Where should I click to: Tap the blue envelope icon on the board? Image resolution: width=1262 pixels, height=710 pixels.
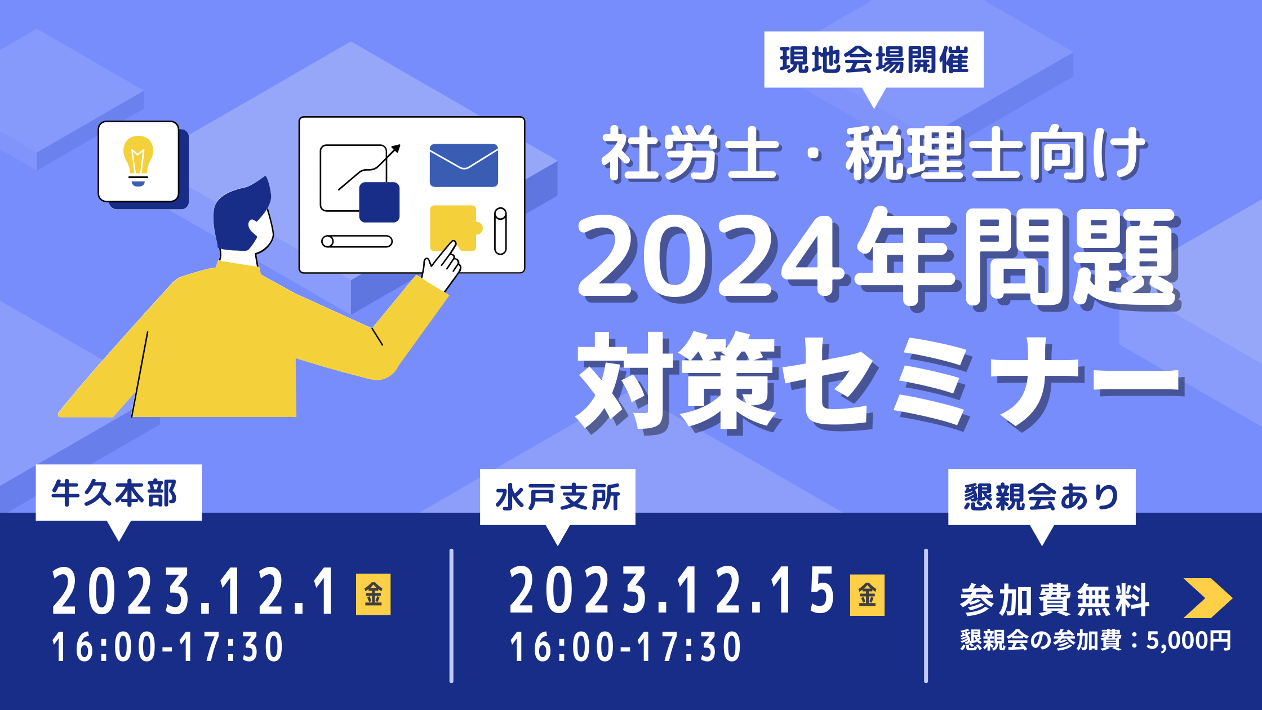click(464, 165)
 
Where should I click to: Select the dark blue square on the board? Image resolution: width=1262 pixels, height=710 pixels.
click(379, 202)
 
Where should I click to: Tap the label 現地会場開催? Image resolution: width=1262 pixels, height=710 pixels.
click(874, 60)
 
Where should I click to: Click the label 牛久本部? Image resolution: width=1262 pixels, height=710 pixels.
click(114, 493)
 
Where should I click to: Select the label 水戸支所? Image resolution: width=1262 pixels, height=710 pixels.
click(558, 497)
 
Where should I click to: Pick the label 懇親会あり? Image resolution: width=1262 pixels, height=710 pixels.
click(1041, 497)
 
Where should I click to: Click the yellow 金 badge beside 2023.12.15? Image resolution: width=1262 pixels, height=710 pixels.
click(867, 595)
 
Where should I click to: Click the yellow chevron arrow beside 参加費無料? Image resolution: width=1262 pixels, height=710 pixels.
click(1208, 598)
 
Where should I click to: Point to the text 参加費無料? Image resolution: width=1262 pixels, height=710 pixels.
click(1055, 601)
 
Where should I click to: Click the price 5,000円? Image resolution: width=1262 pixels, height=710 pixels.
click(1189, 641)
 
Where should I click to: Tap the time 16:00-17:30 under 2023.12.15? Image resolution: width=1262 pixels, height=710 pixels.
click(625, 647)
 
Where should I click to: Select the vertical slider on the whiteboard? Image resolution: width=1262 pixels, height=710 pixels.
click(500, 232)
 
